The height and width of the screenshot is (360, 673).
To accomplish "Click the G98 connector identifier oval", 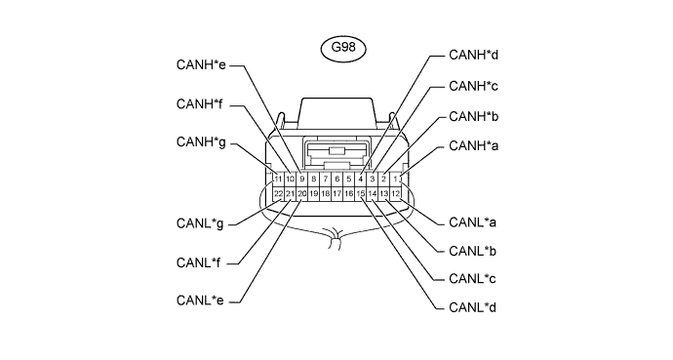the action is [x=343, y=49].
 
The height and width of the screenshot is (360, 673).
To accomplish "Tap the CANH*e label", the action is [x=201, y=65].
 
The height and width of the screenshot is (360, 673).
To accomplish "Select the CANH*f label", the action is [x=200, y=104].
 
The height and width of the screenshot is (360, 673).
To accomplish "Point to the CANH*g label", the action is [x=201, y=142].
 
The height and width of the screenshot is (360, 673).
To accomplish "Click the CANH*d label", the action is [x=473, y=55].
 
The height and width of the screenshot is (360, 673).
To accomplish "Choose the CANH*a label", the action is [x=473, y=146].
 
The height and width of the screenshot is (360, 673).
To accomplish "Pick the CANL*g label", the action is [x=200, y=223].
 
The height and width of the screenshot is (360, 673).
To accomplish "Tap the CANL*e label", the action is [x=200, y=300].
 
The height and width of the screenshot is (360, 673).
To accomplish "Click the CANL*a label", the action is [x=472, y=222].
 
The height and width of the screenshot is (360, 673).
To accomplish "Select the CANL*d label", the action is [x=472, y=307].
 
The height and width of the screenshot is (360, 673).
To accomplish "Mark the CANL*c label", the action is [x=472, y=279].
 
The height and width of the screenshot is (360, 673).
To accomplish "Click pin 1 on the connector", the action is [x=395, y=179].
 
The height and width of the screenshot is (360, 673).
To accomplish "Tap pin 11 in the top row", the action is [x=278, y=179].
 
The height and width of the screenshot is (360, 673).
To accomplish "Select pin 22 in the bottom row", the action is [x=278, y=194].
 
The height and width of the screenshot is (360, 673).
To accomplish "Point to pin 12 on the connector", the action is [x=395, y=194].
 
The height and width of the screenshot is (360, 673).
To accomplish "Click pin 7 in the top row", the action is [x=326, y=179].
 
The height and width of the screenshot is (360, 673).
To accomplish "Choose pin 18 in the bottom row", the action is [x=326, y=194].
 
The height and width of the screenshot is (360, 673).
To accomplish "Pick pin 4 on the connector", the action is [x=361, y=179].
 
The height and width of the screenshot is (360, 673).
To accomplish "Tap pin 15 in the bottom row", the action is [x=361, y=194].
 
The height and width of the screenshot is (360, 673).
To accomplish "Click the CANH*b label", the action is [x=473, y=116].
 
